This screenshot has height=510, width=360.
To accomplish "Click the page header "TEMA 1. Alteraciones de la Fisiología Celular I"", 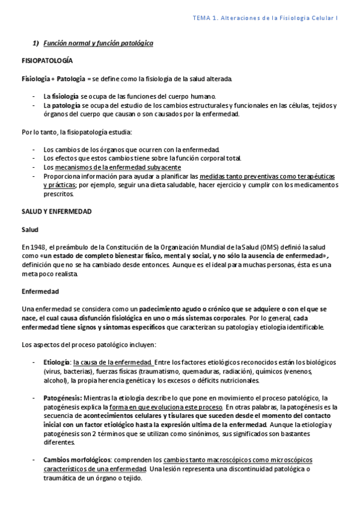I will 265,19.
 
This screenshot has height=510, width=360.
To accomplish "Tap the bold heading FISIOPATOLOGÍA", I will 47,61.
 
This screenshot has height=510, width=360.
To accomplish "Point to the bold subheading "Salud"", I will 29,229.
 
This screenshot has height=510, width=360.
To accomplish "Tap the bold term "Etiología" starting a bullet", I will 56,362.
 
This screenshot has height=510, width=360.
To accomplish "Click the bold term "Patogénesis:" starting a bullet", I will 63,398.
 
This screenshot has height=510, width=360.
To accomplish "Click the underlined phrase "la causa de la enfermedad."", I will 112,362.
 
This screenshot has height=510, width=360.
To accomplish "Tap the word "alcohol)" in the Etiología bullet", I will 55,380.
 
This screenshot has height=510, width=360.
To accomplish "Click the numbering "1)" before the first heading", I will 35,43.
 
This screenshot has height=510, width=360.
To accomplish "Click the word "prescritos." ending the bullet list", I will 58,194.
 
